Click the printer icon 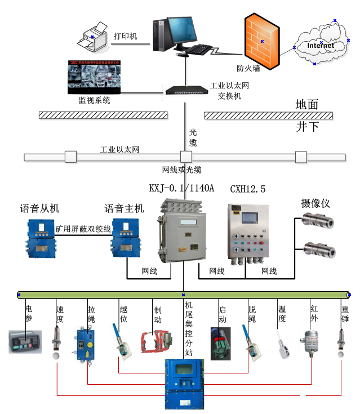coord(94,37)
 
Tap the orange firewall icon coord(260,43)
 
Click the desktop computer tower coord(161,33)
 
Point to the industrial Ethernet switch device coord(186,90)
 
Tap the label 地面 coord(307,104)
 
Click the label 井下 coord(307,127)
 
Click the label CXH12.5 coord(248,188)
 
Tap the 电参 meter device coord(25,341)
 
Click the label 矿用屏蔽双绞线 coord(83,229)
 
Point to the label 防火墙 coord(248,69)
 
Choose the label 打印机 coord(125,36)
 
